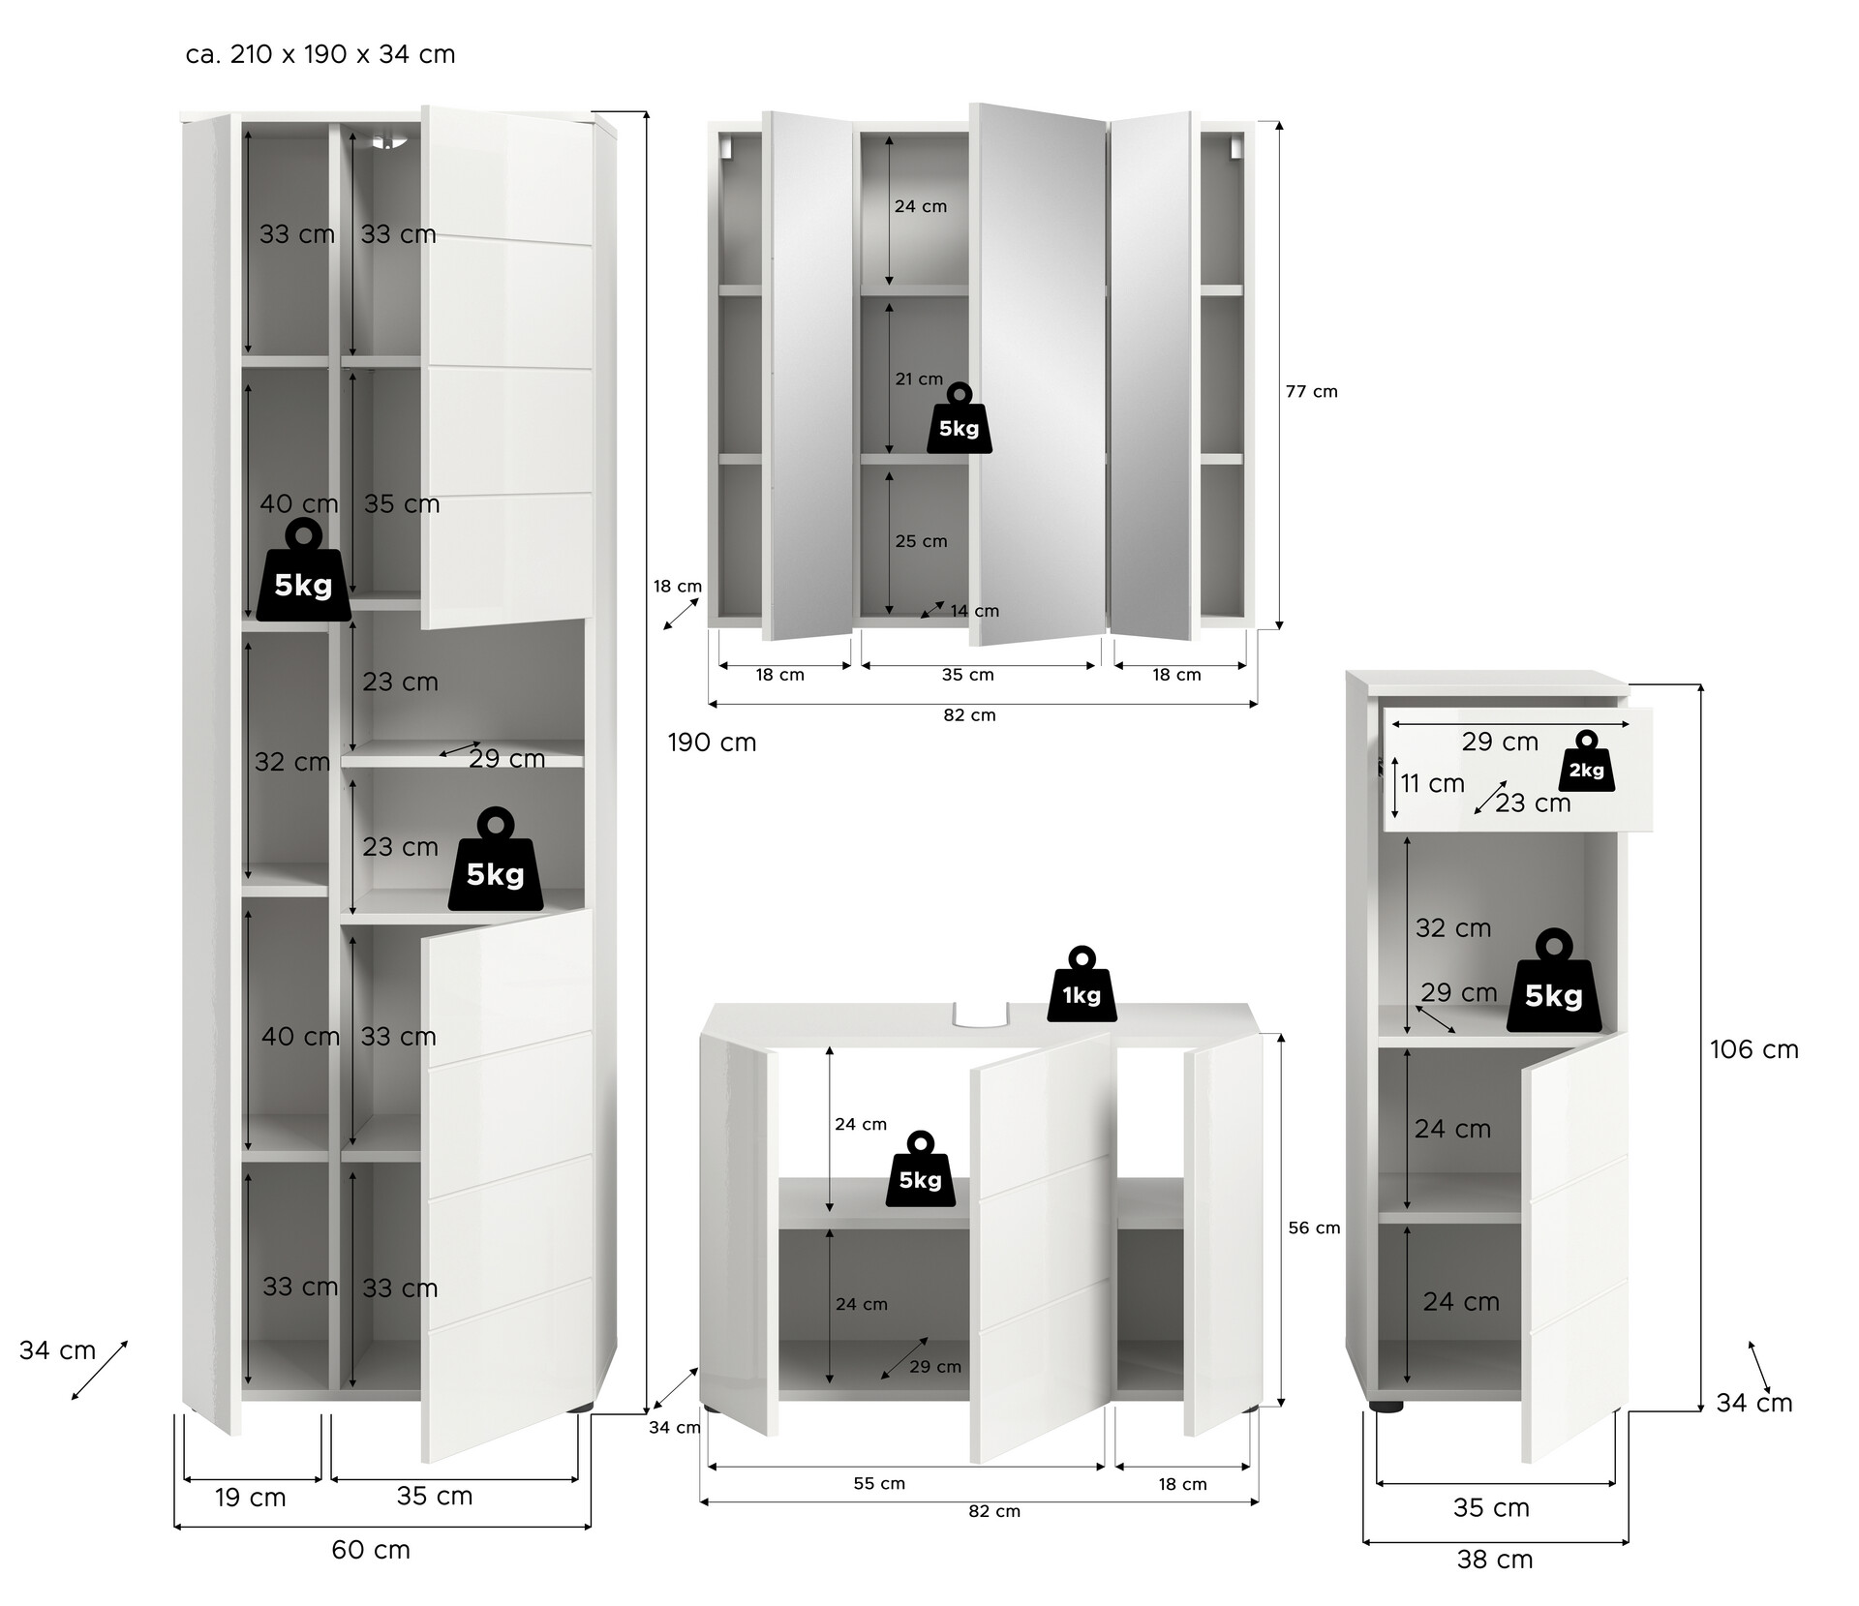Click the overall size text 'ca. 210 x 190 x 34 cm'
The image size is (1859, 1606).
click(320, 54)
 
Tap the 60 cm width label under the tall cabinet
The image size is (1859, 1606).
click(371, 1550)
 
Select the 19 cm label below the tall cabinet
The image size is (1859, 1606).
click(251, 1498)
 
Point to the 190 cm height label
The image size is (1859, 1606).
click(712, 742)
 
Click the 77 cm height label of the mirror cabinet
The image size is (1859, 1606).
click(1311, 391)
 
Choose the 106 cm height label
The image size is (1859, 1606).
click(1753, 1049)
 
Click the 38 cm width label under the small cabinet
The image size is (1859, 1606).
click(1495, 1560)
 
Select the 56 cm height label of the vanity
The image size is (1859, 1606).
click(1314, 1227)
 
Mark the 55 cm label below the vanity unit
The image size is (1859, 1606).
click(879, 1483)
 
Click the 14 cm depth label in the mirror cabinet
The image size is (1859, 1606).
click(974, 611)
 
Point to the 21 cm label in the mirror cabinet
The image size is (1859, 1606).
click(919, 379)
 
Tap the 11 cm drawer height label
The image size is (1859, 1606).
click(1433, 783)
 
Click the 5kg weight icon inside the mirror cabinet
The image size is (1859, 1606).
click(960, 420)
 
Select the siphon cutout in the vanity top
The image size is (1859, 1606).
click(980, 1015)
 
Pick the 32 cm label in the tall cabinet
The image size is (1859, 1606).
click(292, 762)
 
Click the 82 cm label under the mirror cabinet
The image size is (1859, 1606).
click(969, 715)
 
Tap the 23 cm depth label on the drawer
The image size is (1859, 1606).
click(1533, 803)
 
